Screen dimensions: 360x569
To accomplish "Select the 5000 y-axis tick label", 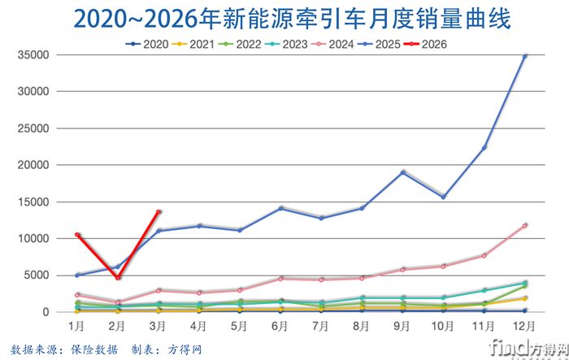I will (x=36, y=275).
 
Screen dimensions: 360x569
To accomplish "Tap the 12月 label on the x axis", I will (x=524, y=326).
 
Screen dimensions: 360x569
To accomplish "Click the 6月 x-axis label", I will (x=280, y=326).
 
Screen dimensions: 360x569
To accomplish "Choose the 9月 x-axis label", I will (x=402, y=326).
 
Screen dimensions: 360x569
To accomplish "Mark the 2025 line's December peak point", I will (x=524, y=56).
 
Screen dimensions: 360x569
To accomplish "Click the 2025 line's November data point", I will (x=484, y=148).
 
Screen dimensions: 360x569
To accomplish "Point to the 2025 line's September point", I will (x=402, y=172).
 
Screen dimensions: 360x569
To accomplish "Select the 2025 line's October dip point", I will (x=443, y=197).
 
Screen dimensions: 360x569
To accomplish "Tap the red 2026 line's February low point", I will (x=118, y=278).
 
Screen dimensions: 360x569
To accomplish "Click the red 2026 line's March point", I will (x=159, y=212).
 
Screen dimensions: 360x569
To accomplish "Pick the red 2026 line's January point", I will (x=77, y=235).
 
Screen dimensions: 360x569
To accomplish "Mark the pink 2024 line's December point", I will (x=524, y=225).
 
